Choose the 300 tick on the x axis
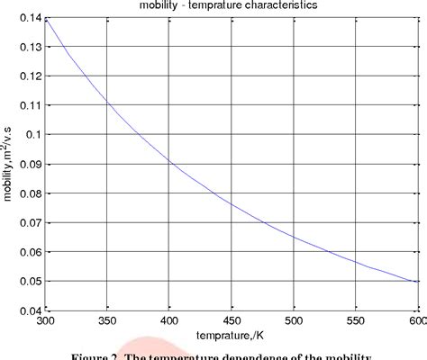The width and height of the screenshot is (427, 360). [44, 320]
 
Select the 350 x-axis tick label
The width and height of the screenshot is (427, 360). [106, 320]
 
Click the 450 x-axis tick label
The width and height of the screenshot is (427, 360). [231, 320]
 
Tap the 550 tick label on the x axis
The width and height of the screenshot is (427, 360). [355, 320]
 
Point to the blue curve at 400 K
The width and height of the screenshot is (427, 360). [168, 162]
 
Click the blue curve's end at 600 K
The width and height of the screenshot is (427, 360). [417, 282]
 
